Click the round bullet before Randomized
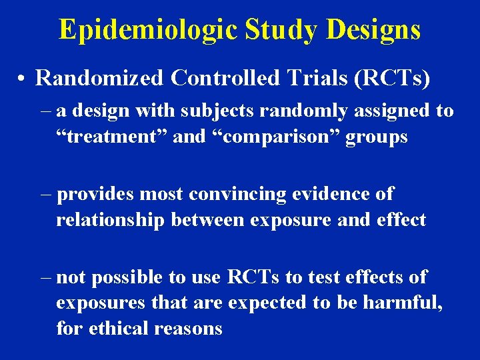(x=22, y=79)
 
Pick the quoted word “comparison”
(x=255, y=137)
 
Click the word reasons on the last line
(x=190, y=329)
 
